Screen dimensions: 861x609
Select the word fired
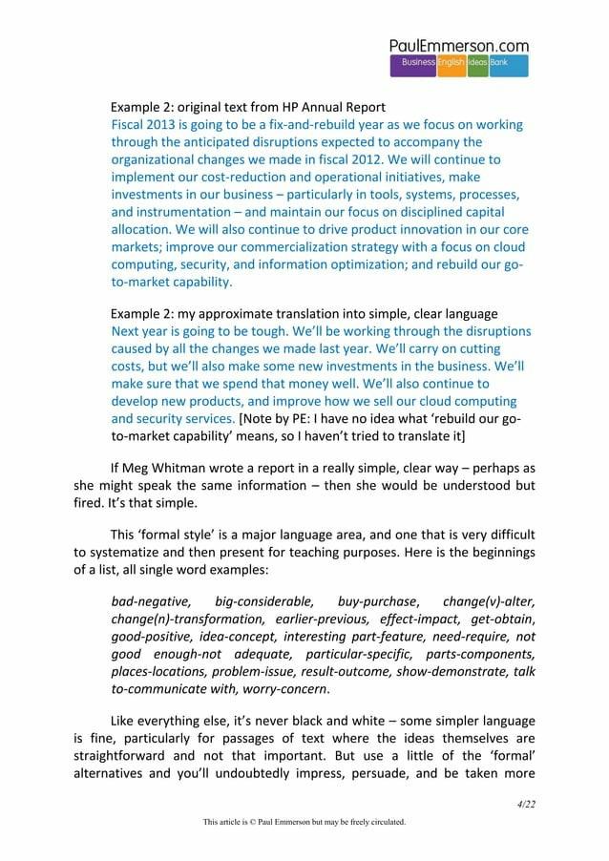[92, 503]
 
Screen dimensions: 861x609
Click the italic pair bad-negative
[152, 601]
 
